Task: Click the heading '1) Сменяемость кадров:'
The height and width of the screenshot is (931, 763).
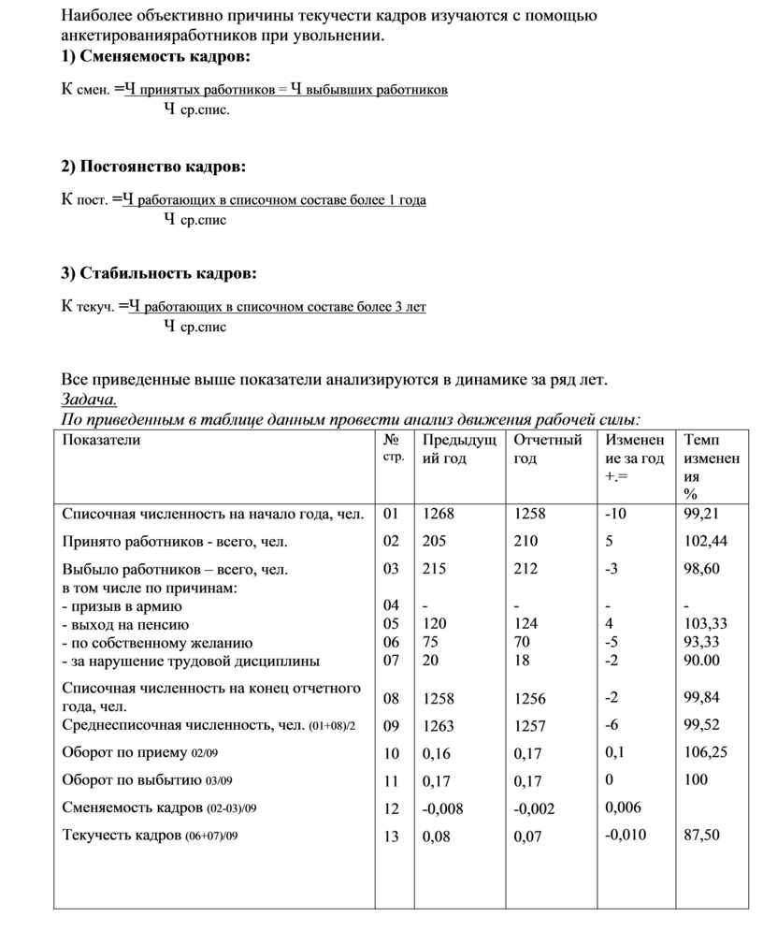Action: point(155,58)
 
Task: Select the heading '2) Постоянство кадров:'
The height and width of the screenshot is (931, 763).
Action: point(154,167)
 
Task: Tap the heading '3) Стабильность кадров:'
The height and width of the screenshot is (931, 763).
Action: point(158,274)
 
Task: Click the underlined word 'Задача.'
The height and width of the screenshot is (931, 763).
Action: point(89,400)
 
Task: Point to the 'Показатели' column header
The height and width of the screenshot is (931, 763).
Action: point(101,441)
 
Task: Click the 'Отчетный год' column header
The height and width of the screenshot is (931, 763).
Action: point(548,449)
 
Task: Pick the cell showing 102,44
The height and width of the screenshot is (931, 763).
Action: point(706,541)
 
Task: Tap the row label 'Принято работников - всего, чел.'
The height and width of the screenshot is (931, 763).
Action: point(175,541)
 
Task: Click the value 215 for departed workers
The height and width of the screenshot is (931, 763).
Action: point(434,569)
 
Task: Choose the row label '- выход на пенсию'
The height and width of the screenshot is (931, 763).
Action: point(125,624)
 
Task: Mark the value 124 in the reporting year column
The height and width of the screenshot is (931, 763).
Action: point(525,624)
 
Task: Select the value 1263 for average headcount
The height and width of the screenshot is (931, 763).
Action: point(438,725)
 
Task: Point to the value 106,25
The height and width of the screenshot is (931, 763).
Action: point(706,752)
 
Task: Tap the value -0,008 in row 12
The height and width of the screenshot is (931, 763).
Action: point(442,808)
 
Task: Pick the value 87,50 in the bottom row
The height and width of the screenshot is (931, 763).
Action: point(702,836)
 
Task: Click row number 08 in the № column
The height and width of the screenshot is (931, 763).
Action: point(390,698)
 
